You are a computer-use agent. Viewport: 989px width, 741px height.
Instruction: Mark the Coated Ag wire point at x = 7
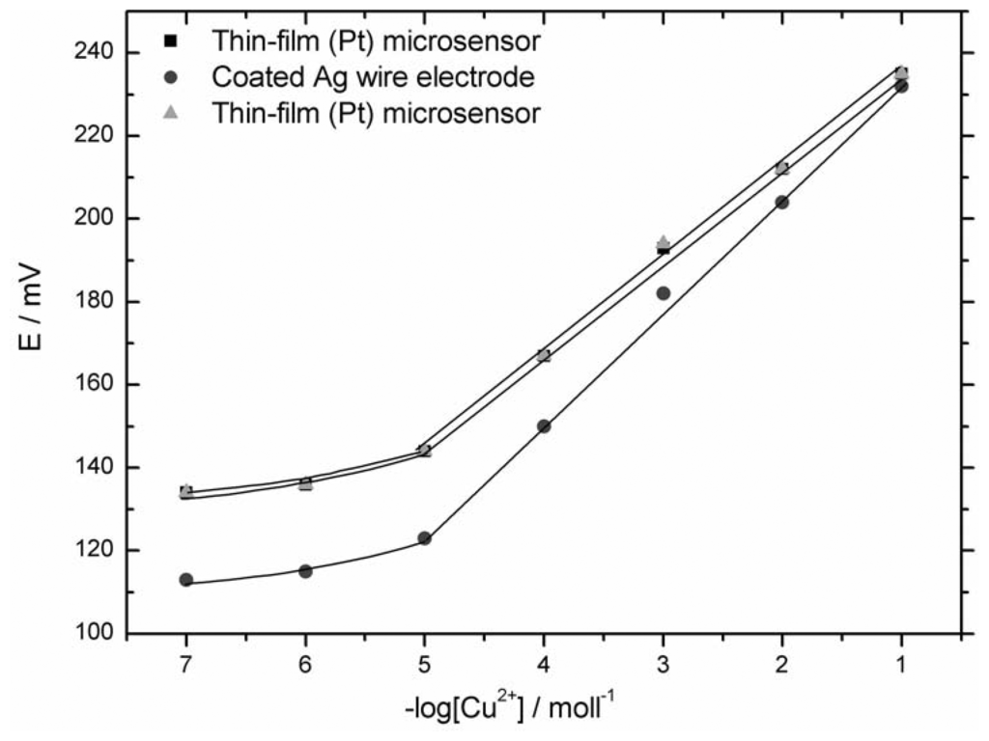pyautogui.click(x=185, y=580)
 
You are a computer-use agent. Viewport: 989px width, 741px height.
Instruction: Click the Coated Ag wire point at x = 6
pyautogui.click(x=305, y=571)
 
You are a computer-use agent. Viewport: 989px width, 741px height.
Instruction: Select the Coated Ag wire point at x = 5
pyautogui.click(x=424, y=538)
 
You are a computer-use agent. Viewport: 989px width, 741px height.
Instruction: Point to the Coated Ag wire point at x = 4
pyautogui.click(x=544, y=426)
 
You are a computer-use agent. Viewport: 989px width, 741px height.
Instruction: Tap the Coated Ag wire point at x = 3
pyautogui.click(x=663, y=293)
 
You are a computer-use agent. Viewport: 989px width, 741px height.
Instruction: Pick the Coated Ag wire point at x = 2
pyautogui.click(x=782, y=203)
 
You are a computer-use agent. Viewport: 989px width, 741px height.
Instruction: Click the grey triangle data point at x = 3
pyautogui.click(x=663, y=241)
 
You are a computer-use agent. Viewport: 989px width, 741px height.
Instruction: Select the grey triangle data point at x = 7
pyautogui.click(x=185, y=490)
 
